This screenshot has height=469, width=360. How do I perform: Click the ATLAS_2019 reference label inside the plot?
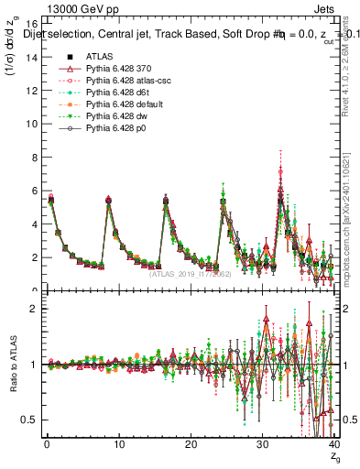[189, 274]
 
